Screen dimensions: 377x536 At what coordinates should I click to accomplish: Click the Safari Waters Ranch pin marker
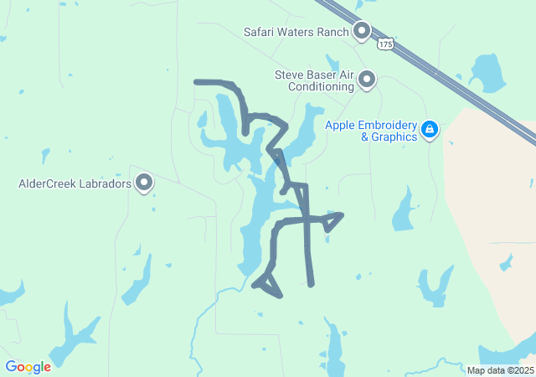[362, 31]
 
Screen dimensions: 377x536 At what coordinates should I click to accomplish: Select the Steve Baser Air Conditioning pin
[367, 80]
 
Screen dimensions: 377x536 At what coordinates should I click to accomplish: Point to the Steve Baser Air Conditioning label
[314, 80]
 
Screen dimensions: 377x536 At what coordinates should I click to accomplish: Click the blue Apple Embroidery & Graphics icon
[429, 129]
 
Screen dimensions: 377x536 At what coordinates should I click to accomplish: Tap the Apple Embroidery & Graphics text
[371, 131]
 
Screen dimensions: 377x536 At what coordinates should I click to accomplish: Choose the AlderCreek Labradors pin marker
[144, 182]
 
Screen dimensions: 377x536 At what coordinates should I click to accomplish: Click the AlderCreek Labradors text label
[75, 183]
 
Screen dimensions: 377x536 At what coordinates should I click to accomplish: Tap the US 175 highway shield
[385, 44]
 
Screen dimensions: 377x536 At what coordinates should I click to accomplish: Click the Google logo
[28, 366]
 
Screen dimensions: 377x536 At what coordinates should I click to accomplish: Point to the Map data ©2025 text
[500, 370]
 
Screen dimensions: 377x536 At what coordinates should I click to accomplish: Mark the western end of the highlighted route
[196, 82]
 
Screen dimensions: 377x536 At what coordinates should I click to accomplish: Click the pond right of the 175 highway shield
[485, 72]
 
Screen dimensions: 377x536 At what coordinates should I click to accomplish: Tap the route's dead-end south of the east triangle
[312, 284]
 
